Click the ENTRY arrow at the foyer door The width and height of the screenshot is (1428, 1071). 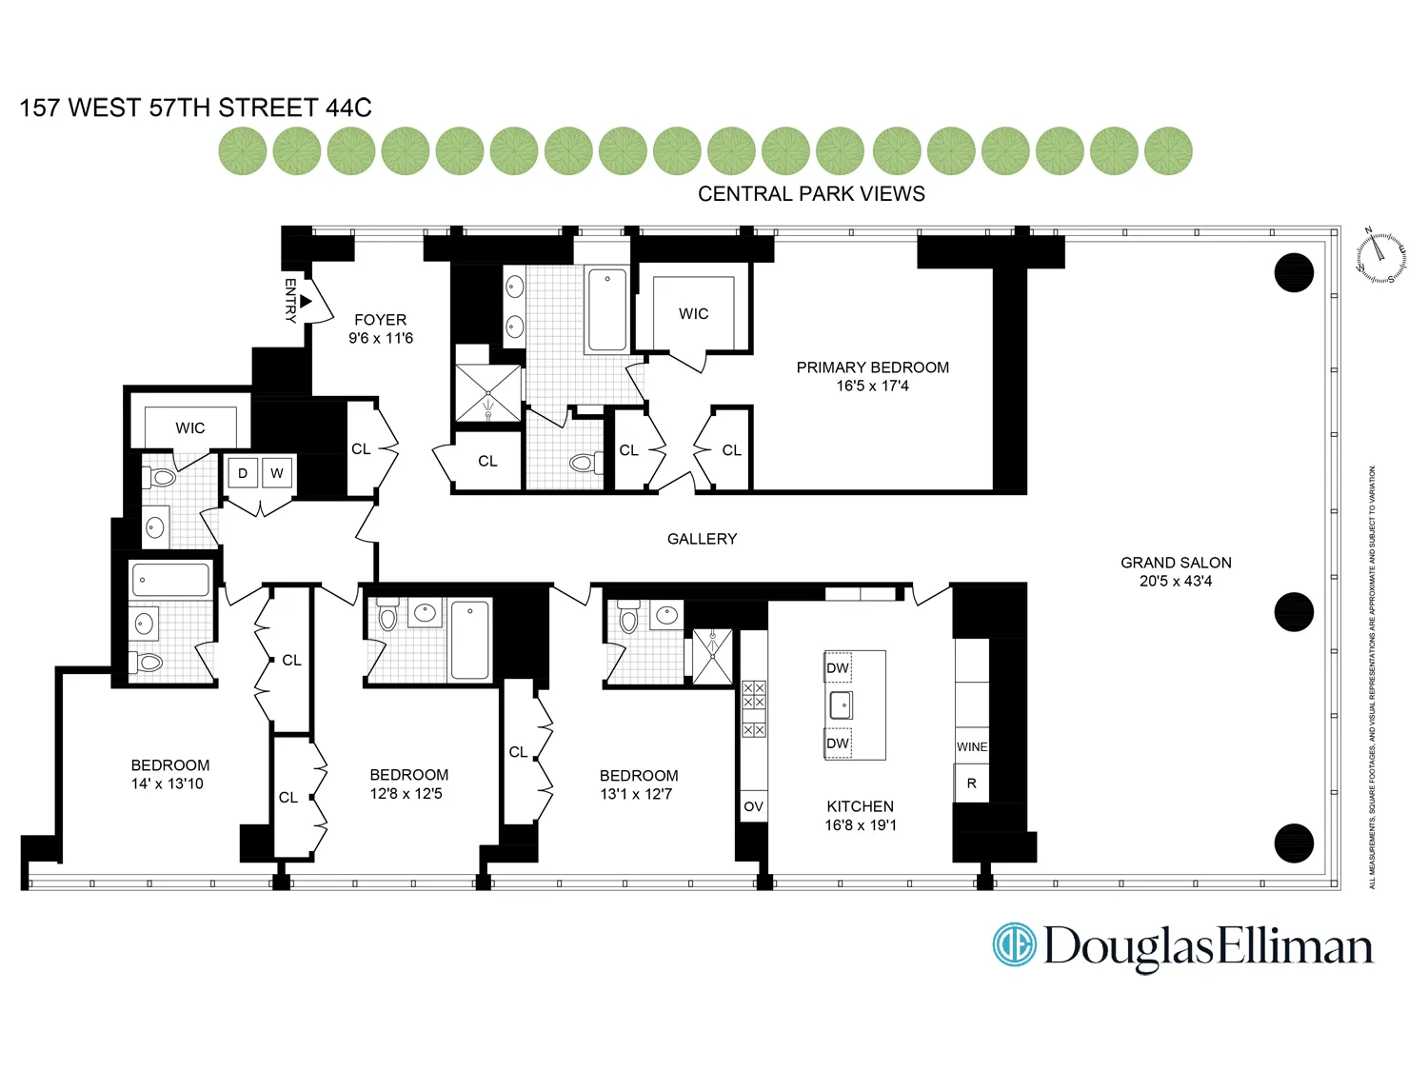306,301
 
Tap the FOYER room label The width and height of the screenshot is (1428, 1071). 380,320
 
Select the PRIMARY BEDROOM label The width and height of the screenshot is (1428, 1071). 872,367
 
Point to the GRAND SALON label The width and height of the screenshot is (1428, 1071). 1176,563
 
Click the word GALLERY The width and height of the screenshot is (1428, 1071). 702,539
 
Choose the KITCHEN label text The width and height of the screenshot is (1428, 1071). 860,806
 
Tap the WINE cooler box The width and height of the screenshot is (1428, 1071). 972,747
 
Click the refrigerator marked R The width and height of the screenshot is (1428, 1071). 972,783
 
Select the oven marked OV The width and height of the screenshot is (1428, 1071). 753,806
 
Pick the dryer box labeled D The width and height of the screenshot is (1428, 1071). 243,473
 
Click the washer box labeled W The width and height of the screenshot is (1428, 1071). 277,473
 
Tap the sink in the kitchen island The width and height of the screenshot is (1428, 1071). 842,705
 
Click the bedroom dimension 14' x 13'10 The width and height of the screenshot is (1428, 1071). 168,784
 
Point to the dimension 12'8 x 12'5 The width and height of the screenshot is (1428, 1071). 407,794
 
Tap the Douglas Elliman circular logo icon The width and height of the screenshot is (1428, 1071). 1014,945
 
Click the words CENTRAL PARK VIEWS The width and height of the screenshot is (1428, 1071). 811,194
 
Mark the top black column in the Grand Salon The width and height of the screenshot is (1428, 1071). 1294,273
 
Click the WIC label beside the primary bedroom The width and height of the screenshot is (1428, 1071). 693,314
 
